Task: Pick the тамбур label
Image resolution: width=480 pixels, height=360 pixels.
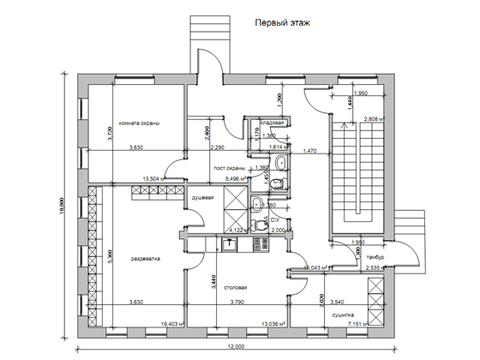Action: point(373,257)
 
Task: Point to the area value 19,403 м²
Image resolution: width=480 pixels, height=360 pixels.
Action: point(175,324)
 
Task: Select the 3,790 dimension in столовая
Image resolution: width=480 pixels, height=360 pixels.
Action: point(239,301)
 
